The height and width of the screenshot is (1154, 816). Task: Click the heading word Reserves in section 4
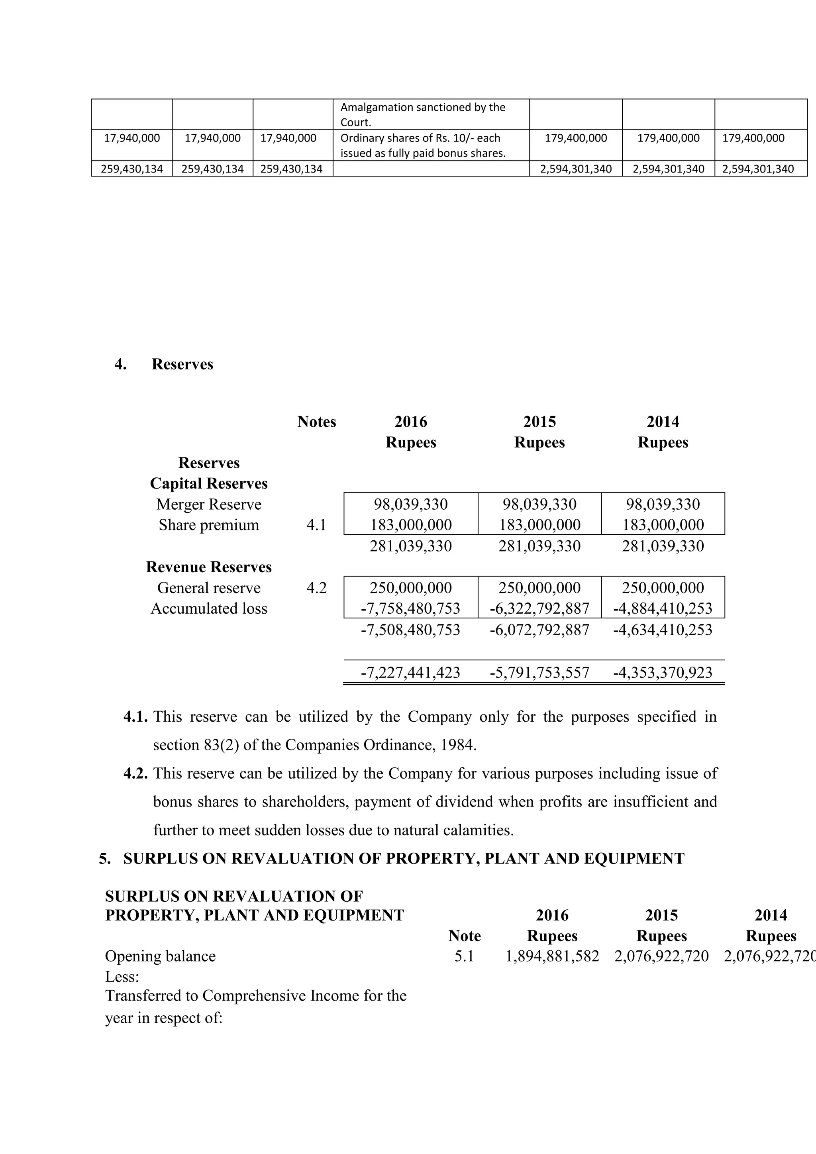tap(182, 364)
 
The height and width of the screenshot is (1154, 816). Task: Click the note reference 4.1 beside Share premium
tap(316, 525)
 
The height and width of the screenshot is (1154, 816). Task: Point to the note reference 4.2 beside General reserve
tap(316, 587)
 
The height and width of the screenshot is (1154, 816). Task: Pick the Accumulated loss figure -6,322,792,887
tap(539, 608)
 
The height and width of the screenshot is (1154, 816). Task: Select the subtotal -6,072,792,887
tap(539, 630)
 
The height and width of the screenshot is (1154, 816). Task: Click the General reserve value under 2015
tap(539, 587)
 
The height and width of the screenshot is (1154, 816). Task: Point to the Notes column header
tap(316, 422)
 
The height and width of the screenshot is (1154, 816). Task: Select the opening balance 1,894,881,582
tap(552, 956)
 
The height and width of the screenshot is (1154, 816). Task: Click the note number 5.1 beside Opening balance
tap(464, 956)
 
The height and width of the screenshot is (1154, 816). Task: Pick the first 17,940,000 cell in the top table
tap(131, 138)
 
